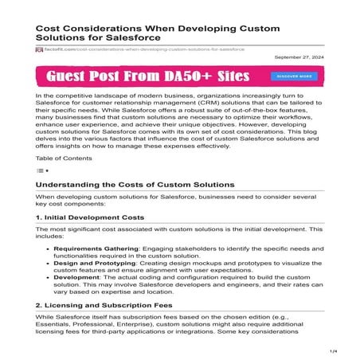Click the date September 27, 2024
299,58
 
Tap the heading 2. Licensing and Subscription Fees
106,305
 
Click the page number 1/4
335,350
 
